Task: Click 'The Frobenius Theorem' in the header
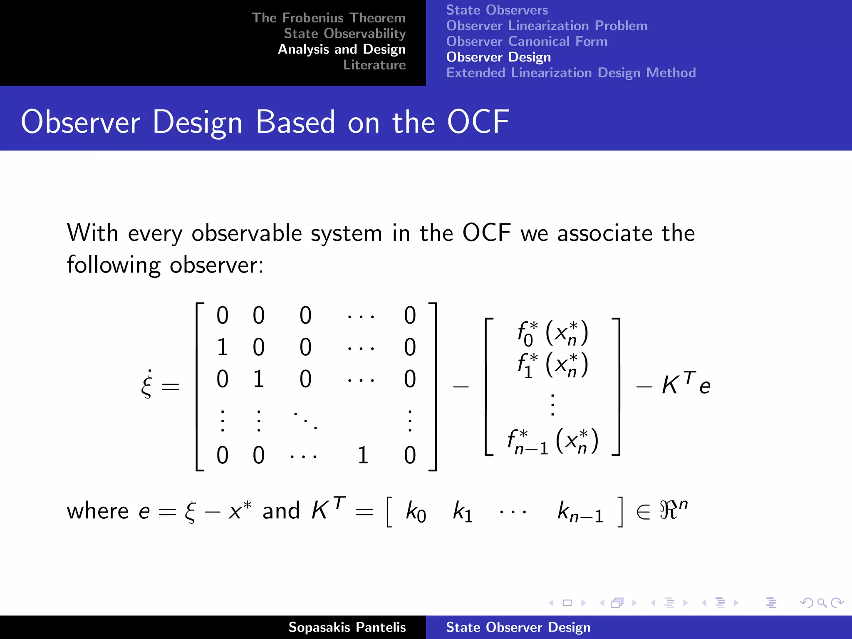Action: pyautogui.click(x=328, y=18)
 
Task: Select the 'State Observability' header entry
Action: pyautogui.click(x=344, y=34)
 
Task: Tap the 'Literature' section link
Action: pyautogui.click(x=374, y=65)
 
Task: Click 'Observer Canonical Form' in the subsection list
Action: pyautogui.click(x=527, y=42)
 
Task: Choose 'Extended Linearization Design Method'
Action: pyautogui.click(x=571, y=73)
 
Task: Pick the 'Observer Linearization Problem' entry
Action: pyautogui.click(x=547, y=26)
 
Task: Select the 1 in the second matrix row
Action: pyautogui.click(x=222, y=347)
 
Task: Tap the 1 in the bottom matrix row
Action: pyautogui.click(x=363, y=455)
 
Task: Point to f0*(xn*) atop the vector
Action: pyautogui.click(x=552, y=333)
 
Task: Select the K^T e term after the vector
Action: pyautogui.click(x=686, y=384)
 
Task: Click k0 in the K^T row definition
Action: pyautogui.click(x=415, y=512)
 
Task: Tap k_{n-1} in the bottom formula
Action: pyautogui.click(x=580, y=512)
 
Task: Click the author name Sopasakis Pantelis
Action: pyautogui.click(x=347, y=627)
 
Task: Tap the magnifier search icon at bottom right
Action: pyautogui.click(x=821, y=603)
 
